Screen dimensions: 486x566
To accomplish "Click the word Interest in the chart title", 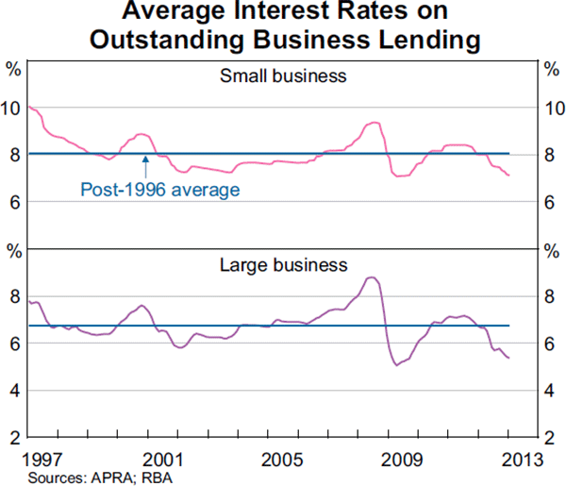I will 291,14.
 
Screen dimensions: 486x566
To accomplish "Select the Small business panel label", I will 283,75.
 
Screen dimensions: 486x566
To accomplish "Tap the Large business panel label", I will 283,265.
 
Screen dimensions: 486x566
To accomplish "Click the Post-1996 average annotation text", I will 160,189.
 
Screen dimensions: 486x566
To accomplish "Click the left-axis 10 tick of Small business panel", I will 12,109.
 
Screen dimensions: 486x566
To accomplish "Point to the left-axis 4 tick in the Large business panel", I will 12,390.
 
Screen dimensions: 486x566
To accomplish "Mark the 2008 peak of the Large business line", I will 372,277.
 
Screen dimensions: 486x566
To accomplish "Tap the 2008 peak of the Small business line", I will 374,123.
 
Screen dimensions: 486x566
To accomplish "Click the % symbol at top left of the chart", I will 13,68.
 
